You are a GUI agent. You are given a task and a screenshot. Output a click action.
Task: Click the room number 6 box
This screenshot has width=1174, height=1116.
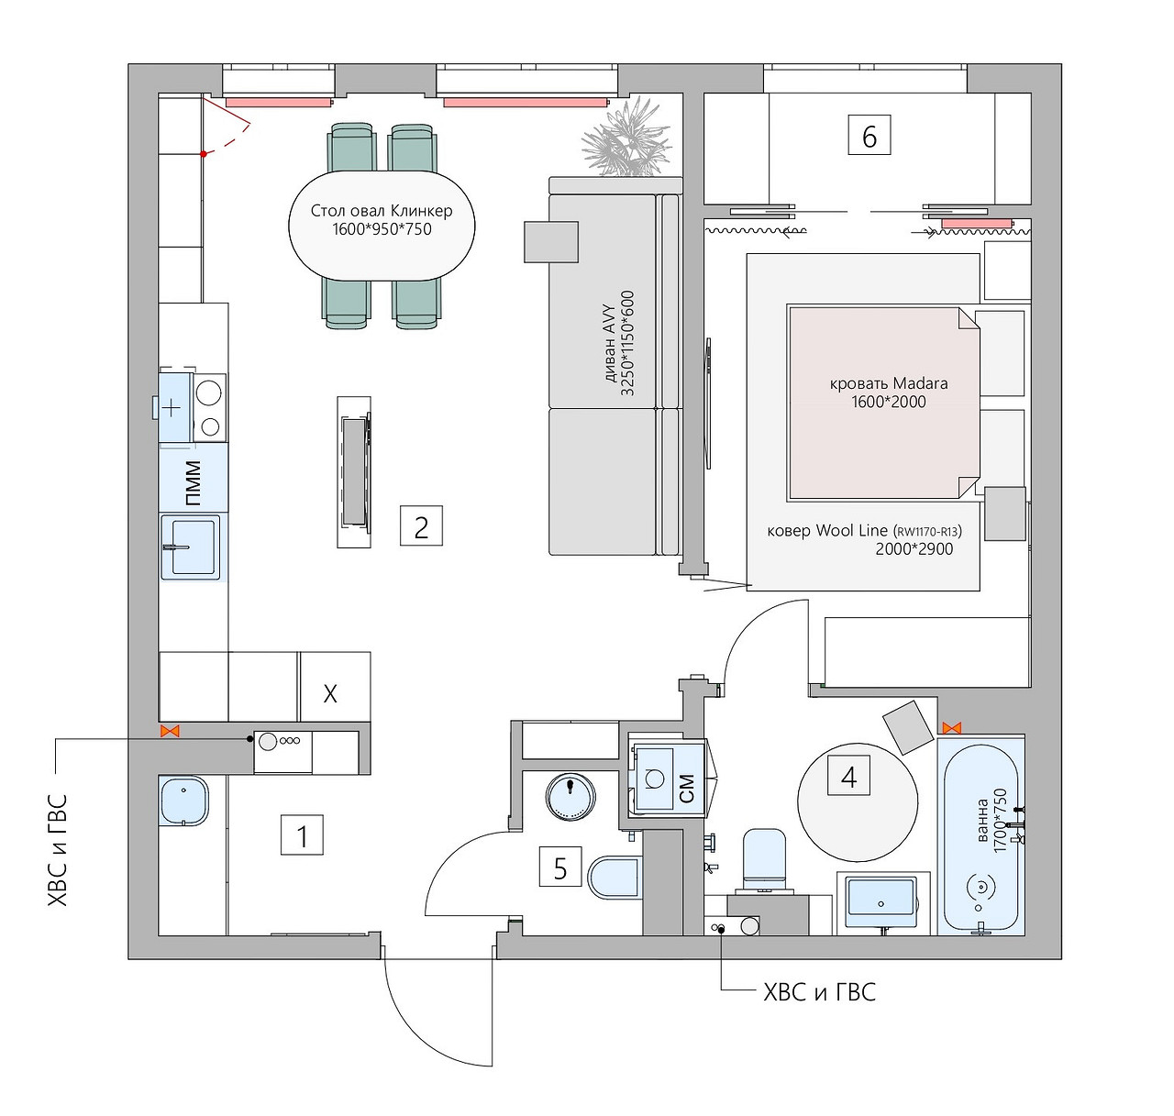(x=869, y=136)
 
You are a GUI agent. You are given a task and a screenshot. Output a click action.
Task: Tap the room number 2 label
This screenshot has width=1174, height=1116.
(x=421, y=526)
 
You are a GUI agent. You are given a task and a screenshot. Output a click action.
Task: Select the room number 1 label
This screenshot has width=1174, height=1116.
(x=302, y=835)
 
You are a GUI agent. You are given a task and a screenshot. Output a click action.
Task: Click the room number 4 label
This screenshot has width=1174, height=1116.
(x=848, y=777)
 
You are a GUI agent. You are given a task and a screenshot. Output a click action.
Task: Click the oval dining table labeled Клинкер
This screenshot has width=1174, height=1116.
(x=382, y=225)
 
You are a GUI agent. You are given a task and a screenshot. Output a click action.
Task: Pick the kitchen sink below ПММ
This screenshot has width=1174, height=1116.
(x=191, y=547)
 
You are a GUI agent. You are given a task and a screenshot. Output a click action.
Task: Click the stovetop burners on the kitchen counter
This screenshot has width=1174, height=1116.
(x=209, y=408)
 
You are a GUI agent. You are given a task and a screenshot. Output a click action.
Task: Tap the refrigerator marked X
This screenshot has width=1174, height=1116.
(x=331, y=692)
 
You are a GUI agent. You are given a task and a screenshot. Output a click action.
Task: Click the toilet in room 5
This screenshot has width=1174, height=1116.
(x=614, y=878)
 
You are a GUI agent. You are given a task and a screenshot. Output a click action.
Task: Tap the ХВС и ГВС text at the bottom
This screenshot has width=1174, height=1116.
(x=819, y=992)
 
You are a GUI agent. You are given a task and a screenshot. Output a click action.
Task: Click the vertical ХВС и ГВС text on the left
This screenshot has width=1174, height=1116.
(x=57, y=850)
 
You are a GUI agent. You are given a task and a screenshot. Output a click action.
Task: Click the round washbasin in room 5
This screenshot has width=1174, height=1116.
(x=570, y=795)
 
